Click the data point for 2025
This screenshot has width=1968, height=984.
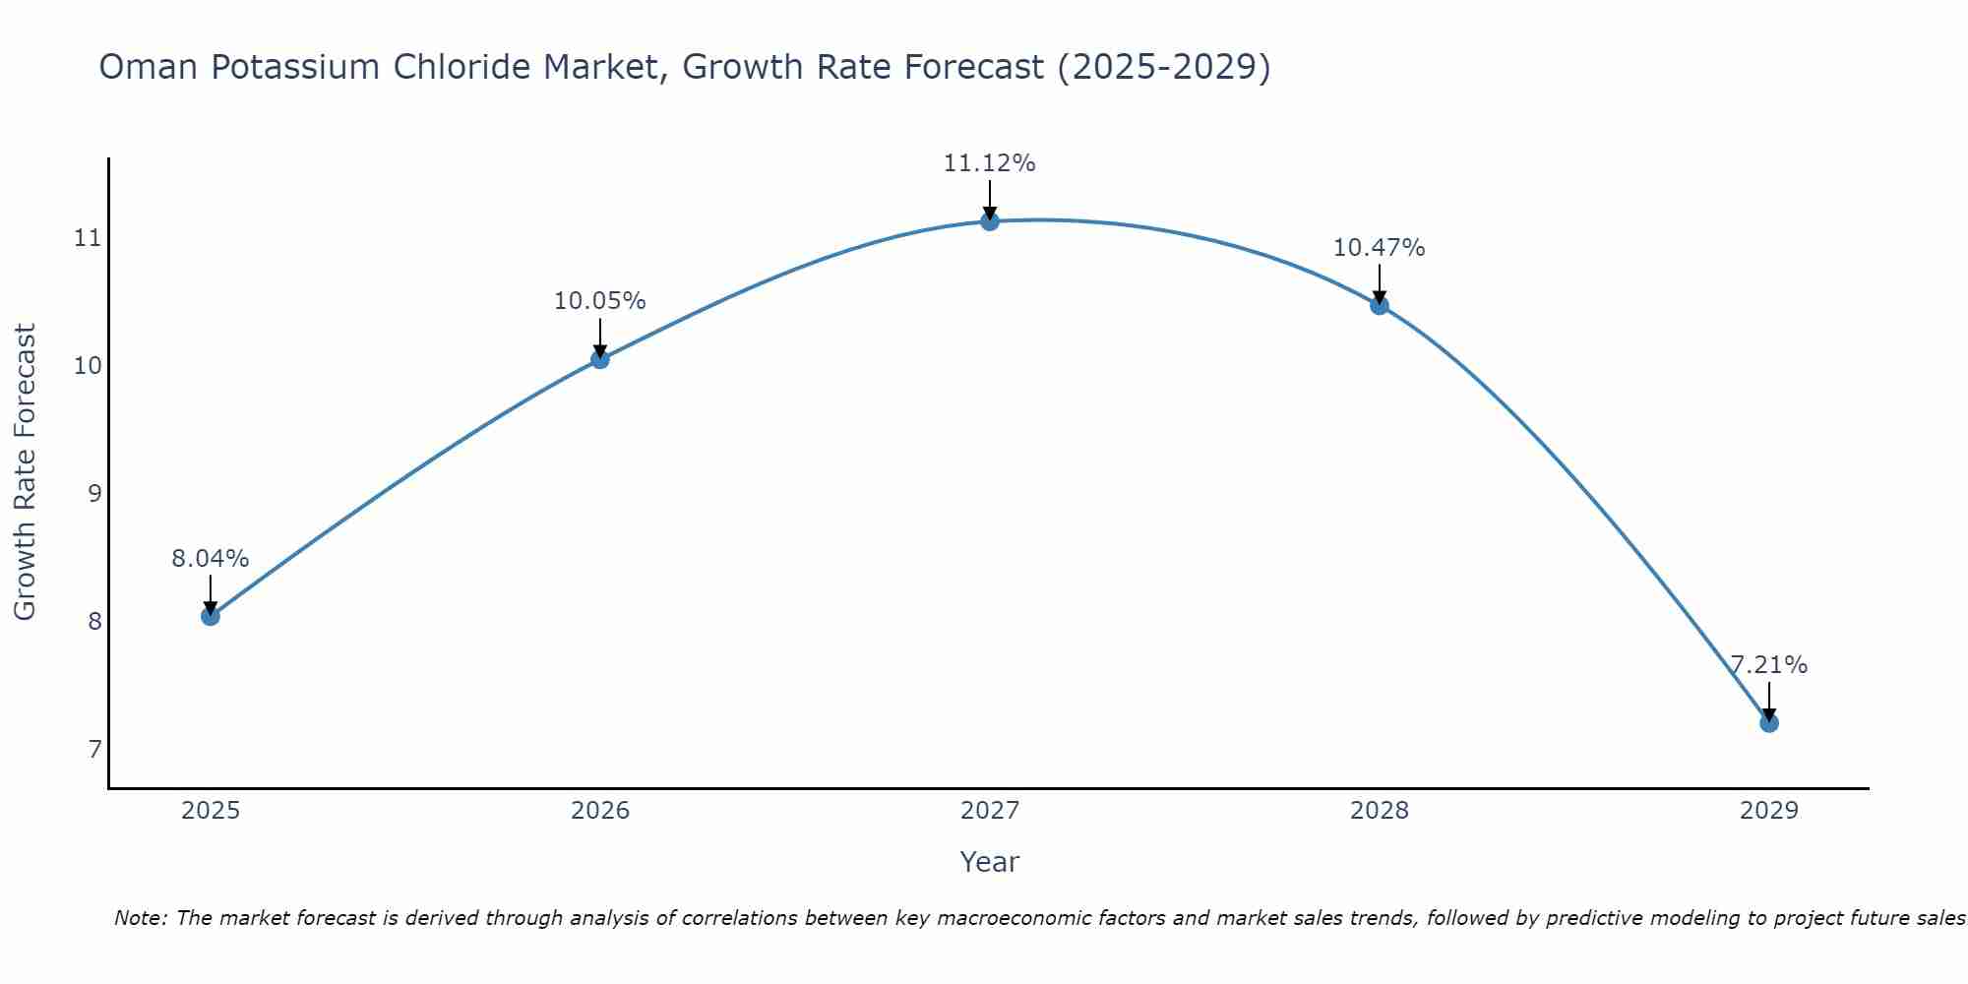[x=211, y=616]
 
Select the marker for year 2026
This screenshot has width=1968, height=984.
[x=600, y=359]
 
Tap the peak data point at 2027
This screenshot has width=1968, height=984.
[x=990, y=221]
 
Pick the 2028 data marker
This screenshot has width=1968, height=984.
[x=1380, y=305]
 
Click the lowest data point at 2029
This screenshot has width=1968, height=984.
[x=1769, y=723]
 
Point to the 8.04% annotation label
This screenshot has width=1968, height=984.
[x=211, y=559]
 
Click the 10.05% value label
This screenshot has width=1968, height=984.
[x=600, y=301]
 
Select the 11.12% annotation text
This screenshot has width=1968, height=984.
[x=990, y=163]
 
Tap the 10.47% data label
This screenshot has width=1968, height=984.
[x=1380, y=248]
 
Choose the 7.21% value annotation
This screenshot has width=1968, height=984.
[x=1769, y=665]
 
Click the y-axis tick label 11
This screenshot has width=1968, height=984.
[x=89, y=238]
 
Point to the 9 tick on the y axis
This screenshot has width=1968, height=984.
[x=94, y=493]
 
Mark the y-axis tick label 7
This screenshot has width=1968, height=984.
[x=94, y=750]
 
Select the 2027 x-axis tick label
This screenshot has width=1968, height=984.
[x=990, y=811]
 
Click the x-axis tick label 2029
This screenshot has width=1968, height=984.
[x=1769, y=811]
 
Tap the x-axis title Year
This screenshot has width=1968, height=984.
[x=990, y=862]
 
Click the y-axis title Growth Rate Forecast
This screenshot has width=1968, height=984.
[x=26, y=472]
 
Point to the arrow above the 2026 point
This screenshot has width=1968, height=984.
[x=600, y=338]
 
